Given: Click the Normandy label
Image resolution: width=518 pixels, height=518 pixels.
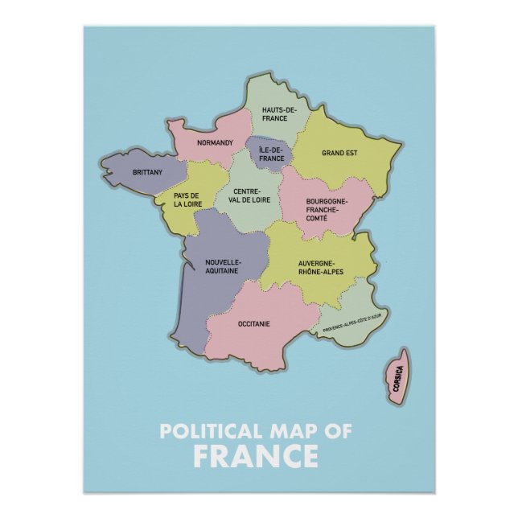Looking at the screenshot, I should pos(215,143).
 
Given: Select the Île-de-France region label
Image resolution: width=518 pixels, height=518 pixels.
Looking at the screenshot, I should pos(272,154).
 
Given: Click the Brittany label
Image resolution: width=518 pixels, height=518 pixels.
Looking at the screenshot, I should pos(147,172).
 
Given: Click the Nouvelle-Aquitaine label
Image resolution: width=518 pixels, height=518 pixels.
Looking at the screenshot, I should pos(222,267).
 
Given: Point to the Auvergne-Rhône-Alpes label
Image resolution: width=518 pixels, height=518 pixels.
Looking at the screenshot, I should pos(320,268).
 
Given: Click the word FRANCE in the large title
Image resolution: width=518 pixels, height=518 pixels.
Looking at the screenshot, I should pos(256,456).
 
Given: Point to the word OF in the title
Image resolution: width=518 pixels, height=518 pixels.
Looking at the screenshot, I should pos(339,430).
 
